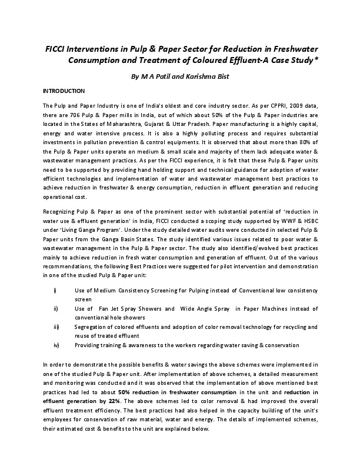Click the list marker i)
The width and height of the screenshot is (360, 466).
point(55,291)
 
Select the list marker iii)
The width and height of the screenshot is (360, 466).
point(56,326)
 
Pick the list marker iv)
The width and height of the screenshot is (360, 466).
point(56,344)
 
